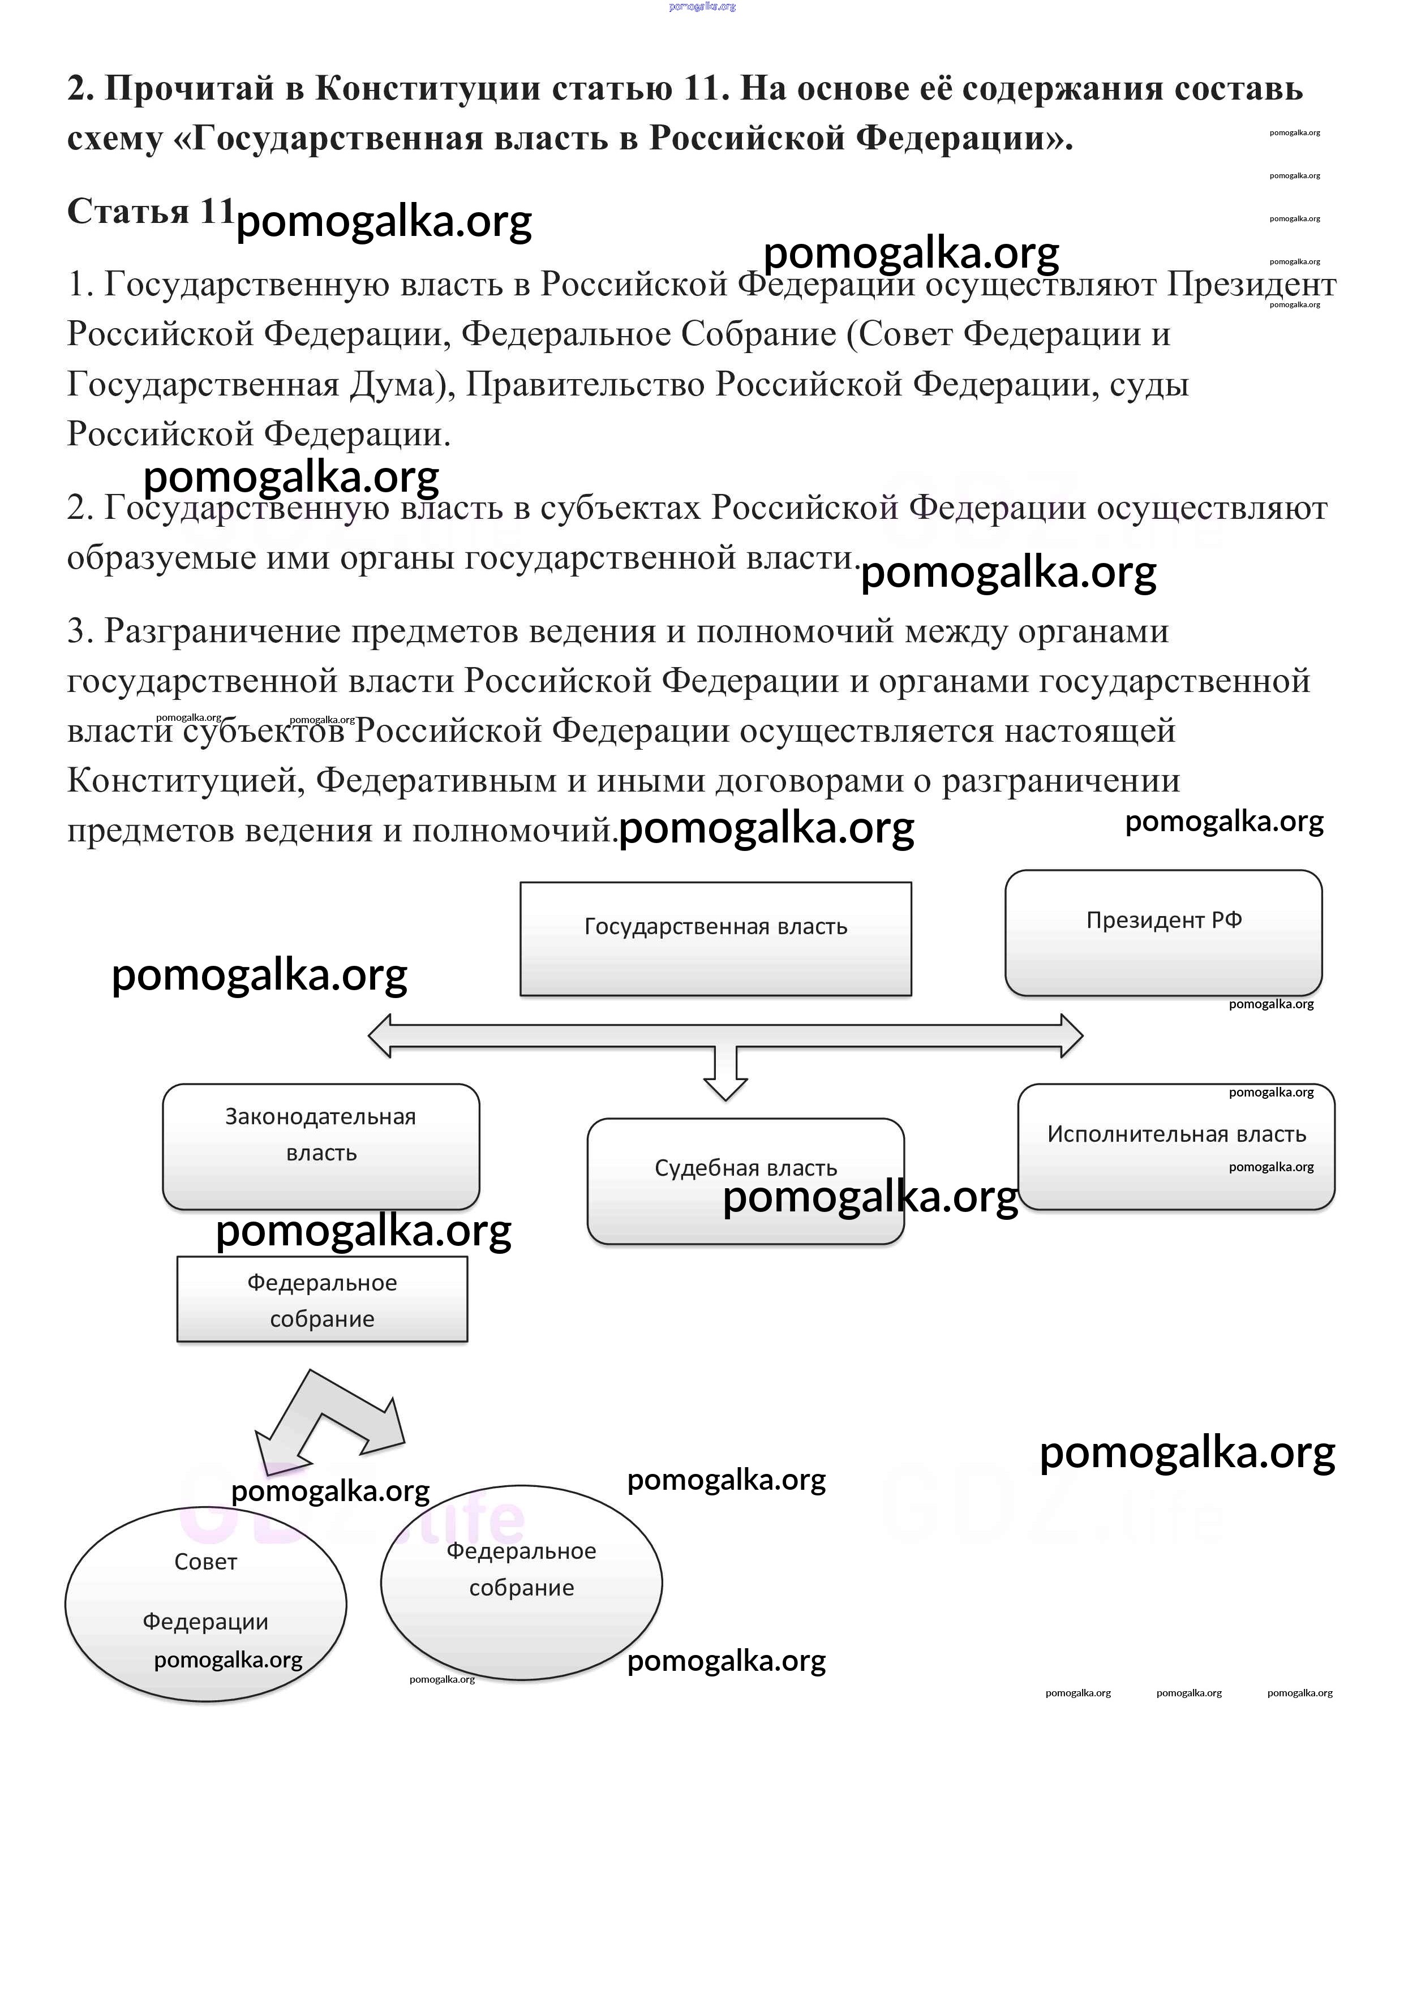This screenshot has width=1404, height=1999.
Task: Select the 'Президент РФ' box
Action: (1163, 931)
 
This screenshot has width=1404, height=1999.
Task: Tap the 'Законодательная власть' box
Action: (320, 1146)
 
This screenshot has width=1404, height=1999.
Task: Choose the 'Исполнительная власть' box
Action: (1176, 1146)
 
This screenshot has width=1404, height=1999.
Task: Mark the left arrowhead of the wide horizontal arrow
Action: (381, 1036)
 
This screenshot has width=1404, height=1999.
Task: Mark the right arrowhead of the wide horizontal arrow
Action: (1071, 1036)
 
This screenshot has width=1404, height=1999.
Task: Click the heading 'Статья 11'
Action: (150, 212)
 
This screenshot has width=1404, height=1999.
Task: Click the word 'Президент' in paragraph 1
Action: (1251, 284)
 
